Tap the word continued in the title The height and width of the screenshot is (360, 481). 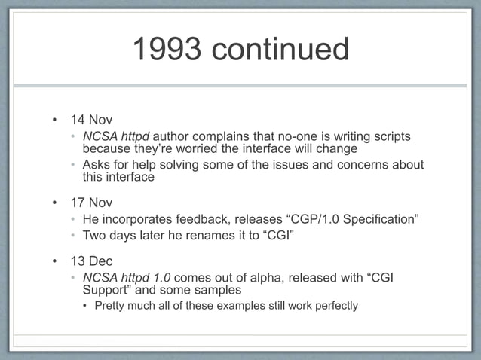pos(280,50)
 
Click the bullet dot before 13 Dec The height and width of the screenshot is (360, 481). pos(54,261)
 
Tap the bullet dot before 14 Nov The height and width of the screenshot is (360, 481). pos(54,120)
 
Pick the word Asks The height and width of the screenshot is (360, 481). pos(96,165)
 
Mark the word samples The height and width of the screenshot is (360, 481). pos(216,290)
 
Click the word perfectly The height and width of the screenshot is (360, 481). pos(334,306)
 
